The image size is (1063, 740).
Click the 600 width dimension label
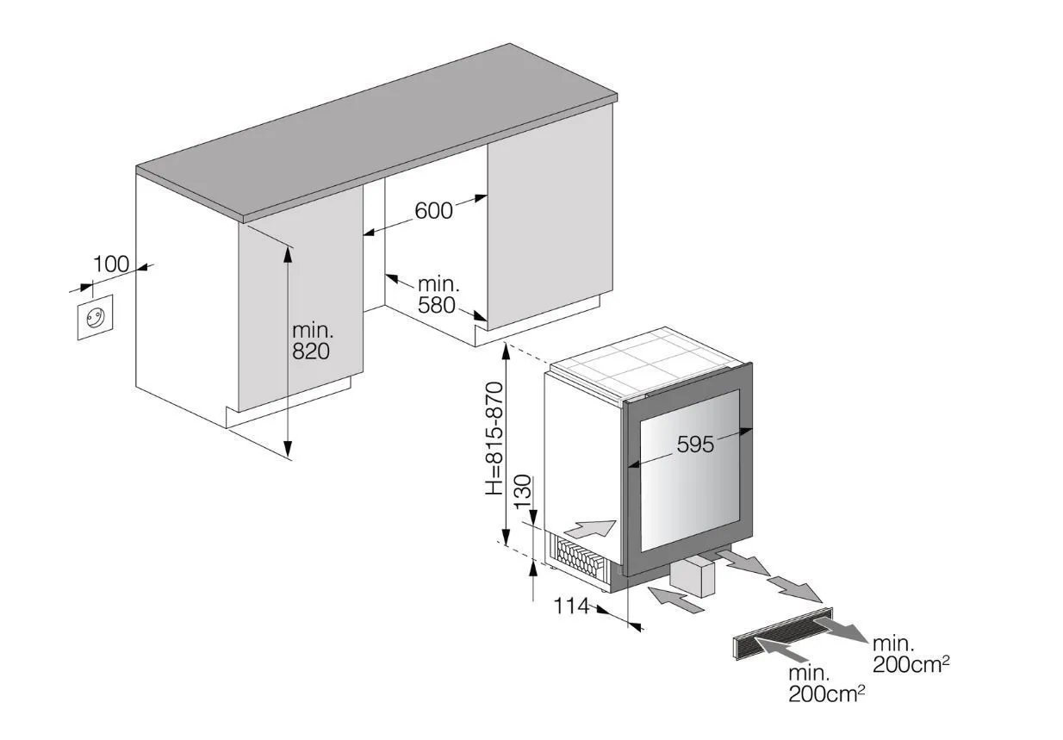click(x=433, y=211)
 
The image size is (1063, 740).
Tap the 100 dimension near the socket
click(x=111, y=264)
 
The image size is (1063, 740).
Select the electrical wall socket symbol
click(x=96, y=317)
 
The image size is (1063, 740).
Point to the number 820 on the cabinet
click(x=311, y=351)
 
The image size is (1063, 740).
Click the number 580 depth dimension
click(x=437, y=305)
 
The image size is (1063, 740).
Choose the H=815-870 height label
click(x=494, y=438)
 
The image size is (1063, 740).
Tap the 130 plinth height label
click(x=523, y=492)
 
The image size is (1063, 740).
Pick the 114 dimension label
click(x=571, y=606)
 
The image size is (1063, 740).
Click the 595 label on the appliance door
click(x=695, y=445)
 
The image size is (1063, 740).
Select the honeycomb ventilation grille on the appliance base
click(x=576, y=556)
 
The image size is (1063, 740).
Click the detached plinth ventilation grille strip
click(x=784, y=634)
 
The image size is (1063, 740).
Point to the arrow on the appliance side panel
click(x=589, y=528)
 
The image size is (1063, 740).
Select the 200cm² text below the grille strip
click(x=826, y=694)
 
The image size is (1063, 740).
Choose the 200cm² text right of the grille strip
click(x=911, y=664)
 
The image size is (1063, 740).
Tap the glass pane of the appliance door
click(x=690, y=471)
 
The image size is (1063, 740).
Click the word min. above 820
click(x=313, y=330)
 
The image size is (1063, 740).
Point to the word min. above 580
click(x=439, y=284)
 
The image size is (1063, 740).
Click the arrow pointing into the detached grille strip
click(x=780, y=650)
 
